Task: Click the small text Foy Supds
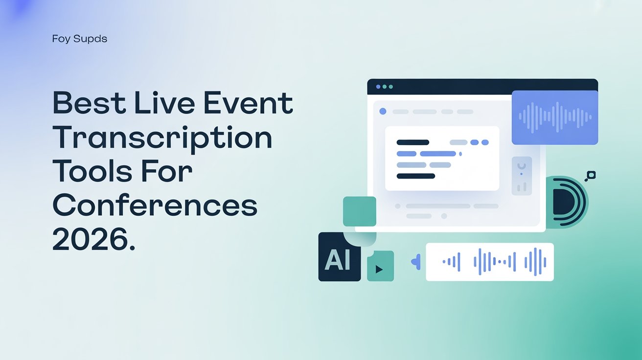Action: pyautogui.click(x=79, y=39)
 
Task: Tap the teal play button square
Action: pyautogui.click(x=380, y=267)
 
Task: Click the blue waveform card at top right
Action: pyautogui.click(x=554, y=117)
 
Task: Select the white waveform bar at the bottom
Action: pyautogui.click(x=489, y=262)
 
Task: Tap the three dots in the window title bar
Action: pyautogui.click(x=384, y=87)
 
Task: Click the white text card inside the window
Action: pyautogui.click(x=442, y=158)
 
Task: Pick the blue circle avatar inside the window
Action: pyautogui.click(x=383, y=112)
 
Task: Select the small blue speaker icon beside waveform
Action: pyautogui.click(x=415, y=262)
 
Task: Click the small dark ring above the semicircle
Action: pyautogui.click(x=591, y=175)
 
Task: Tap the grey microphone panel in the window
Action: pyautogui.click(x=521, y=176)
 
